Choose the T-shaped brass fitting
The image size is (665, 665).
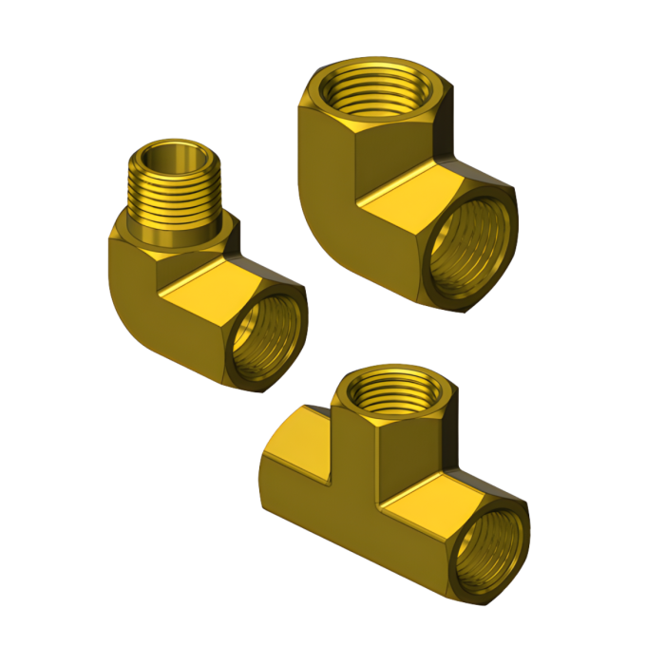click(389, 484)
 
